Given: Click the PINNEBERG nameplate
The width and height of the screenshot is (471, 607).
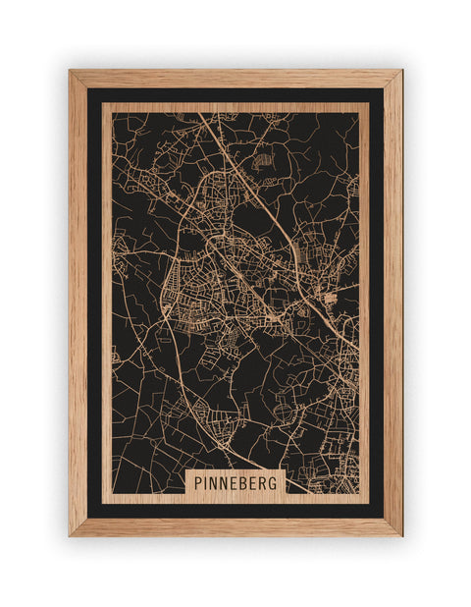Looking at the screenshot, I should click(x=235, y=482).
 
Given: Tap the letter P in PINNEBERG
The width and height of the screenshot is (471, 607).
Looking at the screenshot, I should click(x=199, y=482).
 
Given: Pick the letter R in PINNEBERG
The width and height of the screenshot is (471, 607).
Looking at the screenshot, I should click(x=265, y=482).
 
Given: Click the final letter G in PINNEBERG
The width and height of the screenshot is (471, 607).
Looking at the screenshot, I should click(x=276, y=482).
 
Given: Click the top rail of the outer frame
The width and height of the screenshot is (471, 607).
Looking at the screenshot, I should click(x=235, y=79).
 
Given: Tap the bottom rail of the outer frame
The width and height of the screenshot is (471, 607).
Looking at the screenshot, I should click(x=235, y=526).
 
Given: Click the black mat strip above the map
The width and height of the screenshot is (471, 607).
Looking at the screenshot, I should click(x=235, y=95).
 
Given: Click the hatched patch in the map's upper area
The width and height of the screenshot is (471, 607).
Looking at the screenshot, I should click(x=262, y=158).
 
